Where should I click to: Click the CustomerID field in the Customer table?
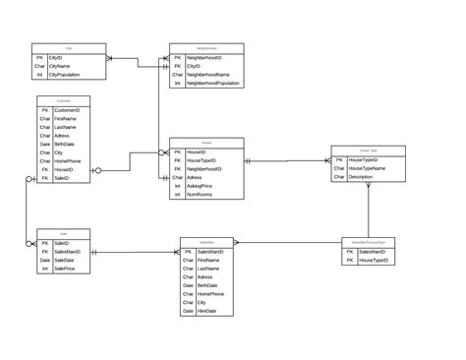(67, 110)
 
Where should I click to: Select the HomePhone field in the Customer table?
(67, 160)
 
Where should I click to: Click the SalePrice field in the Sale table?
(65, 268)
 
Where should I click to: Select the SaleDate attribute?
(65, 260)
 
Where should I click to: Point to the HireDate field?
(207, 311)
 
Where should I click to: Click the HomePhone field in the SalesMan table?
(210, 294)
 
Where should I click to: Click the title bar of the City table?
(68, 47)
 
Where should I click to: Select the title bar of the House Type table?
(368, 150)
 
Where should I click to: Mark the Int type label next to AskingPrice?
(177, 186)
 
